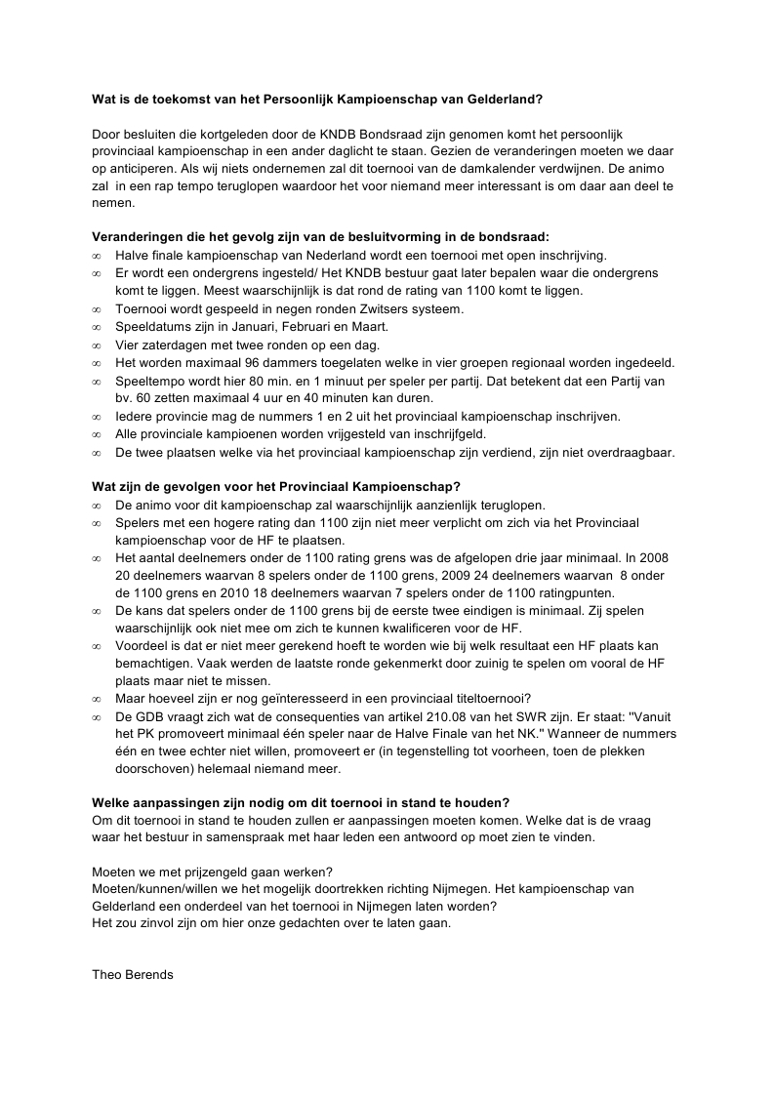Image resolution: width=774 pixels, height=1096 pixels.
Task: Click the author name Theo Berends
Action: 132,974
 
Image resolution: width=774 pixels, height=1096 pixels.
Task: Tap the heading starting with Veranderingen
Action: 320,236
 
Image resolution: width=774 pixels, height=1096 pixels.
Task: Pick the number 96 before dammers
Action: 244,362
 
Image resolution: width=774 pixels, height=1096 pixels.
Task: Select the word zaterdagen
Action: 173,345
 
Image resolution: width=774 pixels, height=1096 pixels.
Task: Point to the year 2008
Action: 651,558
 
